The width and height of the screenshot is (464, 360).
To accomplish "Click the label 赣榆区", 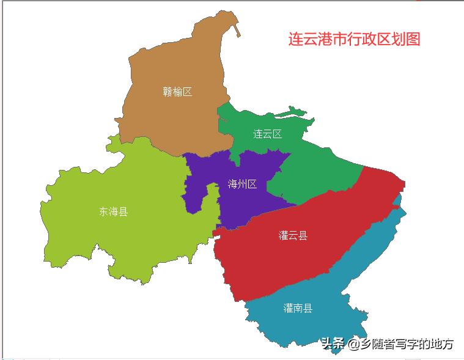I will pyautogui.click(x=177, y=92).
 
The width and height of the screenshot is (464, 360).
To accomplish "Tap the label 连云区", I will pyautogui.click(x=268, y=134).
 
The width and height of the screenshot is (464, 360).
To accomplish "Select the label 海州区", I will pyautogui.click(x=242, y=185).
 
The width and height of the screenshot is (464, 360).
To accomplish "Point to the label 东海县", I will pyautogui.click(x=113, y=212).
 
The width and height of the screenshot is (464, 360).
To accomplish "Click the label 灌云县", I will pyautogui.click(x=293, y=236).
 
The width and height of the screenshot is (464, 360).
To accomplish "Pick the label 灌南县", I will pyautogui.click(x=298, y=308).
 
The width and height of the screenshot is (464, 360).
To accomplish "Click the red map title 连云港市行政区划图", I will pyautogui.click(x=355, y=39).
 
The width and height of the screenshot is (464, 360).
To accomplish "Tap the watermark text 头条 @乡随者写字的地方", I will pyautogui.click(x=388, y=344).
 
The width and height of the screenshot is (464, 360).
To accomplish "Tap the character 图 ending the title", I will pyautogui.click(x=413, y=39).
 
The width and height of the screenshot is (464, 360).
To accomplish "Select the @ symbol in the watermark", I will pyautogui.click(x=354, y=345).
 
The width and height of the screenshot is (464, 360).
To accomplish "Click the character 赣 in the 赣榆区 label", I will pyautogui.click(x=168, y=92).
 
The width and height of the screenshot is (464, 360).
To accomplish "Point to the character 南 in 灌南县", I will pyautogui.click(x=298, y=308).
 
